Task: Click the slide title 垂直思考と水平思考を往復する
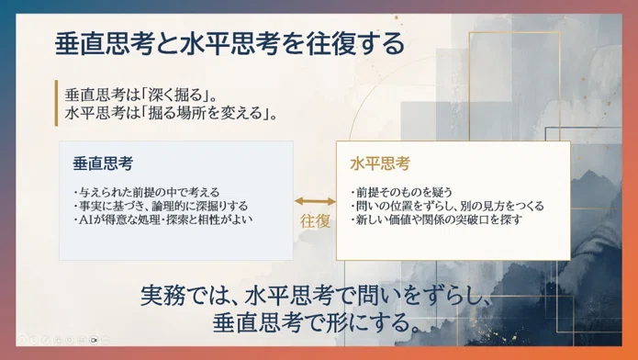(229, 43)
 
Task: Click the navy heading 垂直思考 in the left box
(103, 163)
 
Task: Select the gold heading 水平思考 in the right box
(380, 163)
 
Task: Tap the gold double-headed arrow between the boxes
(315, 201)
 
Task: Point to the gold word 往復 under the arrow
(315, 221)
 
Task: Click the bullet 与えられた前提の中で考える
(147, 192)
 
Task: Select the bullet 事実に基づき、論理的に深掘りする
(162, 206)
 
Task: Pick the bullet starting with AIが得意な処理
(163, 219)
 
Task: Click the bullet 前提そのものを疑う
(401, 192)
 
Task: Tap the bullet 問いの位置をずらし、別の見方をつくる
(448, 206)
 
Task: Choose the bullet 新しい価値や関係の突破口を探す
(437, 219)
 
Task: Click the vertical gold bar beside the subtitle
(56, 103)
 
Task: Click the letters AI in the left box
(86, 219)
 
